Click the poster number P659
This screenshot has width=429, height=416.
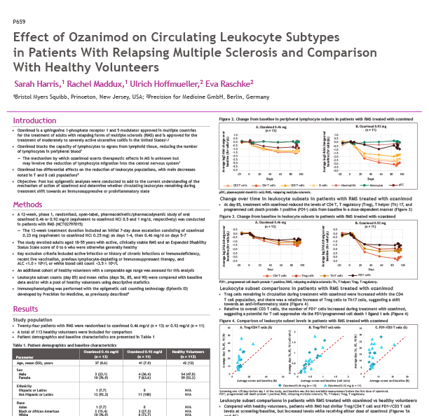tap(20, 24)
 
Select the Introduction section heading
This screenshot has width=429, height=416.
tap(36, 121)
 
